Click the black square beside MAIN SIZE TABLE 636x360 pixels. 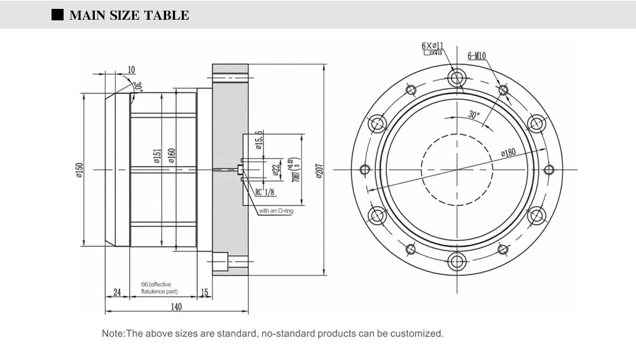57,15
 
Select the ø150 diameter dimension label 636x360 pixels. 79,170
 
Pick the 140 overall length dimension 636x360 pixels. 176,307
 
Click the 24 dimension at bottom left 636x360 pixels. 117,292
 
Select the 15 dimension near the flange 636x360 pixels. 204,292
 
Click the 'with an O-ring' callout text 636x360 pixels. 275,211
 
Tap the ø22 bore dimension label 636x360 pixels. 276,169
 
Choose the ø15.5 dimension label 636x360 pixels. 259,139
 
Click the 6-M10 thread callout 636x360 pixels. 476,56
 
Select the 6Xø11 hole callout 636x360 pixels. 432,46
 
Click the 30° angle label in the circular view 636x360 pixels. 473,115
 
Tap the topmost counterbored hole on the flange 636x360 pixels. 457,78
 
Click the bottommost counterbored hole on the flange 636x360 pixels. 457,261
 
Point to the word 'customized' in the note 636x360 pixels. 417,333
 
